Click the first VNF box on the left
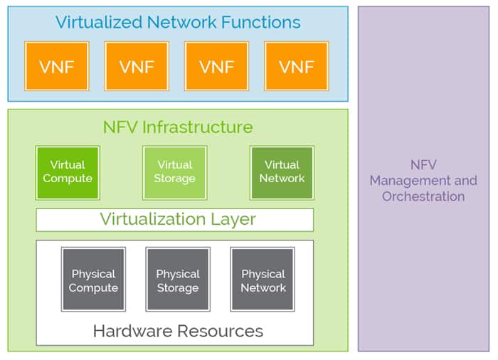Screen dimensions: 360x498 [57, 66]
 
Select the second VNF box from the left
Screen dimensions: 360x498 [137, 66]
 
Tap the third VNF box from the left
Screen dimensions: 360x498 [216, 66]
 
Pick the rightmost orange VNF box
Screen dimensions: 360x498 [296, 66]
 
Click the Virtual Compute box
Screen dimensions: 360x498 [68, 172]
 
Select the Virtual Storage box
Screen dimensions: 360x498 [174, 172]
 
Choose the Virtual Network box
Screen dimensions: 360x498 [282, 172]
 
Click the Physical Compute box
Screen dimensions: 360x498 [93, 280]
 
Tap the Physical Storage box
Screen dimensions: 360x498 [178, 280]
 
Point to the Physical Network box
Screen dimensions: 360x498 [263, 280]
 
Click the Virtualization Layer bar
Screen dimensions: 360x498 [174, 219]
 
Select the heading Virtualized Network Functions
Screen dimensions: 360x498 [178, 22]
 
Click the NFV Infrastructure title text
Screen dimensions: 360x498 [178, 127]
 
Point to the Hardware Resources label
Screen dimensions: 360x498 [178, 331]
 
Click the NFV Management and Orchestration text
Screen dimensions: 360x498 [423, 181]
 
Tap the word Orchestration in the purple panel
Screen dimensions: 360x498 [423, 196]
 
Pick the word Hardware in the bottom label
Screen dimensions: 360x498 [127, 331]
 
